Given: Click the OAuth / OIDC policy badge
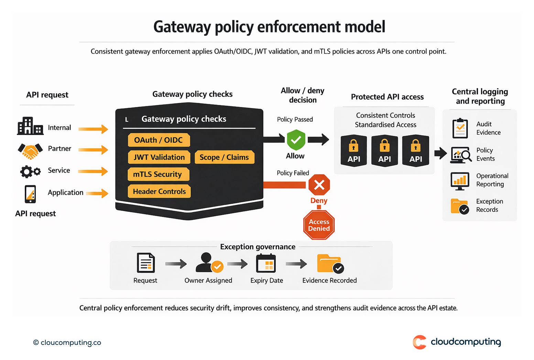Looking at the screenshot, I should point(159,140).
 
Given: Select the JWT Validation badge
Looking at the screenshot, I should point(159,157).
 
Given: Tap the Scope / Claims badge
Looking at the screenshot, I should point(224,157).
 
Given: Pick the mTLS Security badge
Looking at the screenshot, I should point(158,174).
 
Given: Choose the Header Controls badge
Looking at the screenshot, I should point(159,191).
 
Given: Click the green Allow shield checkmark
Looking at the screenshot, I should point(296,140).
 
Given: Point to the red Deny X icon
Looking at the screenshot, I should point(319,185).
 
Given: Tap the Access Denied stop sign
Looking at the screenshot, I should point(319,225).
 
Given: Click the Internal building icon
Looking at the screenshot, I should point(30,126).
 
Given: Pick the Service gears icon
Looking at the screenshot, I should point(30,171).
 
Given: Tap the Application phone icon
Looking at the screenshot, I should point(30,194).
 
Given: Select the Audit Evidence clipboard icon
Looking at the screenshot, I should point(460,128).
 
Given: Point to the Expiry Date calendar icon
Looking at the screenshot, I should point(266,264).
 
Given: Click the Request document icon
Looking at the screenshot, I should point(146,263).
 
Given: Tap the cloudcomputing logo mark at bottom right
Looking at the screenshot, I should point(419,342).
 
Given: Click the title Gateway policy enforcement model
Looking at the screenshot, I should point(269,27).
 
